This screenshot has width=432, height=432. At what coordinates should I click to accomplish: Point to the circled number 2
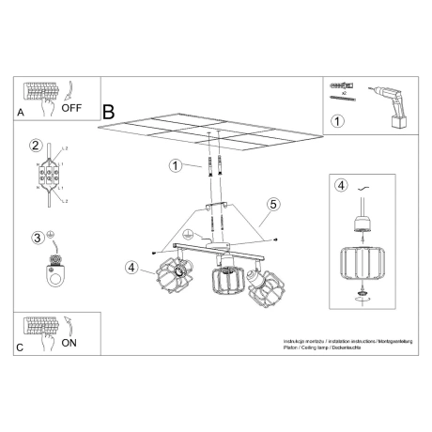[x=36, y=146]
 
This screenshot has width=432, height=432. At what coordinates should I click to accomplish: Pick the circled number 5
[x=273, y=203]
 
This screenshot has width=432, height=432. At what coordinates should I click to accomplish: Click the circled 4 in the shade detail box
[x=343, y=184]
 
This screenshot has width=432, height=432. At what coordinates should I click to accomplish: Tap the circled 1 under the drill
[x=338, y=120]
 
